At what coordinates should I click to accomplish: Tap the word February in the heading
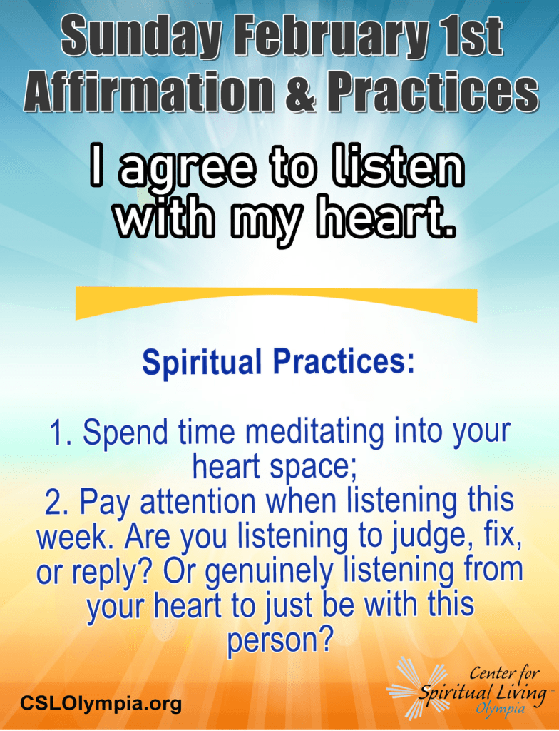[331, 36]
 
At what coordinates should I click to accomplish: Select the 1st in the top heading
[471, 36]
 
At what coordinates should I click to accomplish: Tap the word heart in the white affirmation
[385, 218]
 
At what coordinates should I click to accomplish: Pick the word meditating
[315, 433]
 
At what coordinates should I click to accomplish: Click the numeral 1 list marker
[60, 433]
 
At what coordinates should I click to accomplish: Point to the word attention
[198, 503]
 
